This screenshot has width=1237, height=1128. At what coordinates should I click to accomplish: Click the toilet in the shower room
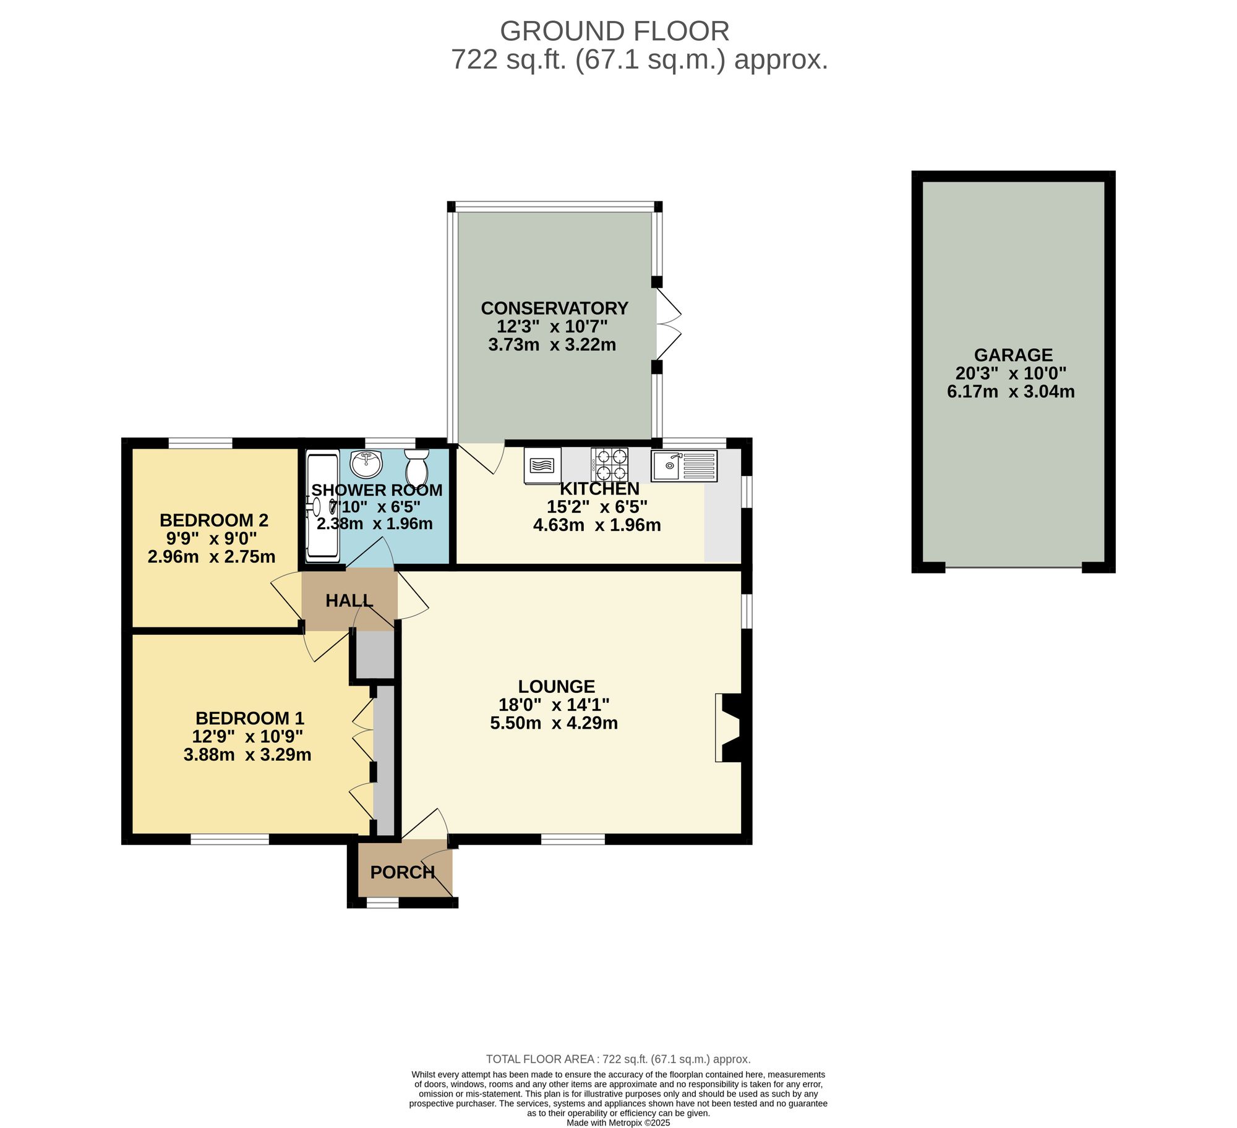pyautogui.click(x=416, y=468)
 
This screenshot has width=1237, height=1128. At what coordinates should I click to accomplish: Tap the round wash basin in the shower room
pyautogui.click(x=366, y=464)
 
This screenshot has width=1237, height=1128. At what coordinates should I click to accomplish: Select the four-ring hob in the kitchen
pyautogui.click(x=609, y=465)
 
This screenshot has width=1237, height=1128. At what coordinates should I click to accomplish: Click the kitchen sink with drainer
pyautogui.click(x=683, y=466)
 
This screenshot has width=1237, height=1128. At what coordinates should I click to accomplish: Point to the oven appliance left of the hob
pyautogui.click(x=542, y=465)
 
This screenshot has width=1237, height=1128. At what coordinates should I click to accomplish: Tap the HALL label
pyautogui.click(x=349, y=600)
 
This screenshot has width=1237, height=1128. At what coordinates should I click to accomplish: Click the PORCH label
pyautogui.click(x=403, y=872)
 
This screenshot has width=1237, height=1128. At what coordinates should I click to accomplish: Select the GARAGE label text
pyautogui.click(x=1013, y=355)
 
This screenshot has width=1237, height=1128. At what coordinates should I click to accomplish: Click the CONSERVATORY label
pyautogui.click(x=554, y=308)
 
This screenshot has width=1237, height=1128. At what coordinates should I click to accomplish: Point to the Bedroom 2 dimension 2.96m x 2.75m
pyautogui.click(x=212, y=556)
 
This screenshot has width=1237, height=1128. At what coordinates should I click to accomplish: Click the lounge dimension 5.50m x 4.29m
pyautogui.click(x=554, y=723)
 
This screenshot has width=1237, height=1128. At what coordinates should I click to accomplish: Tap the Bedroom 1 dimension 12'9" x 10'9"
pyautogui.click(x=247, y=736)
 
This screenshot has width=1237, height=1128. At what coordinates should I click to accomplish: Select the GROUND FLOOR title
pyautogui.click(x=614, y=31)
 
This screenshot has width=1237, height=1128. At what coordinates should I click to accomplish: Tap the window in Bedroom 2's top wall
pyautogui.click(x=200, y=443)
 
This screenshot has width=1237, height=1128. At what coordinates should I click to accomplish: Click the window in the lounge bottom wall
pyautogui.click(x=573, y=839)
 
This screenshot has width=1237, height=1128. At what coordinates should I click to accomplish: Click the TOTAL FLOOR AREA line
pyautogui.click(x=618, y=1059)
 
